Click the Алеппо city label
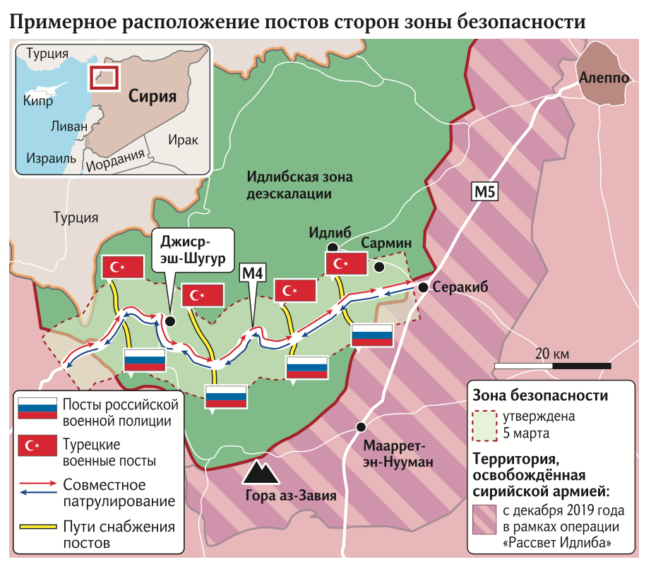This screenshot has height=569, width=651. pos(603,78)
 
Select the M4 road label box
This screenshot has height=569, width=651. pos(253,272)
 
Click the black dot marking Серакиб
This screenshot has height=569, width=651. pos(422,287)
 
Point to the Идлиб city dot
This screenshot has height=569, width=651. pos(332,246)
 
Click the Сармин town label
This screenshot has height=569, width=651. pos(386,244)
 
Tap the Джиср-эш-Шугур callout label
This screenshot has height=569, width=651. pos(192,251)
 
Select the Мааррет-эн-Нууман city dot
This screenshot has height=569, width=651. pos(361,426)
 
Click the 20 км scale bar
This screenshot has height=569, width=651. pos(552,366)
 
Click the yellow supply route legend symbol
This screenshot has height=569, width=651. pos(37,527)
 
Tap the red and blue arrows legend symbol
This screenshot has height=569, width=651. pos(37,492)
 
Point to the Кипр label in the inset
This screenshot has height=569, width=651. pos(38,102)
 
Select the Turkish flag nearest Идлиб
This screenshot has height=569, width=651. pos(346,264)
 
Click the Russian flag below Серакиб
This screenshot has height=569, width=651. pos(372,336)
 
